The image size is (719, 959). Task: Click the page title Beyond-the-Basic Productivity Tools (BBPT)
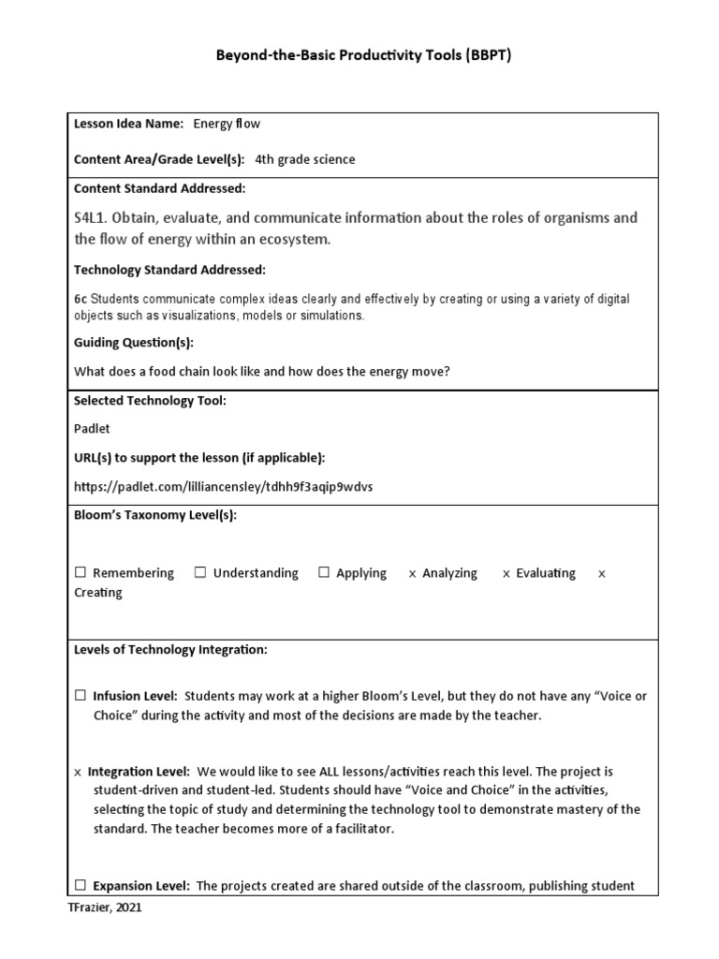[x=364, y=55]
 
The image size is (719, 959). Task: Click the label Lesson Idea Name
[x=128, y=124]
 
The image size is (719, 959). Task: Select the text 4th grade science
[x=305, y=159]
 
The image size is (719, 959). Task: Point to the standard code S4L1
[x=93, y=218]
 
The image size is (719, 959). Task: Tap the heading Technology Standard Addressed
[x=169, y=270]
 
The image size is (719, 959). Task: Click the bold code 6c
[x=81, y=300]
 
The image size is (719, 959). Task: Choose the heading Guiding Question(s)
[x=134, y=343]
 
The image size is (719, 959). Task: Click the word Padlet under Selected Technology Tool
[x=92, y=428]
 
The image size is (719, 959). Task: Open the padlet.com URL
[x=214, y=486]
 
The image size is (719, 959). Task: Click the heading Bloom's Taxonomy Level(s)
[x=155, y=515]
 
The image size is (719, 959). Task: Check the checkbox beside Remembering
[x=81, y=573]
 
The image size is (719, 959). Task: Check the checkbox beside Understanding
[x=200, y=573]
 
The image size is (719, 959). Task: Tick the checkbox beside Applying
[x=324, y=573]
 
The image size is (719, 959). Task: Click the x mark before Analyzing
[x=413, y=574]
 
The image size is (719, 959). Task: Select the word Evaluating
[x=546, y=573]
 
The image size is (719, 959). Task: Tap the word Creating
[x=98, y=593]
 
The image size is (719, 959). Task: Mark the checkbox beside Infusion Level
[x=81, y=696]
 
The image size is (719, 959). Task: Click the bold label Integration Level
[x=139, y=772]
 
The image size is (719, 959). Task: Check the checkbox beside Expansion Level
[x=81, y=885]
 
